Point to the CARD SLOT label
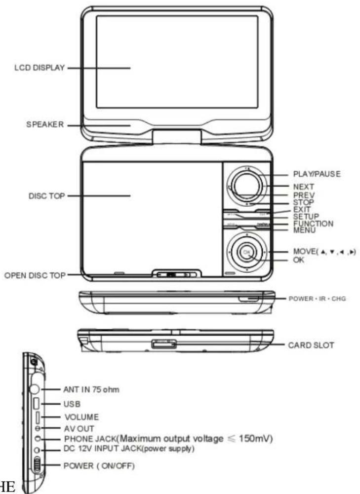pyautogui.click(x=311, y=345)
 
